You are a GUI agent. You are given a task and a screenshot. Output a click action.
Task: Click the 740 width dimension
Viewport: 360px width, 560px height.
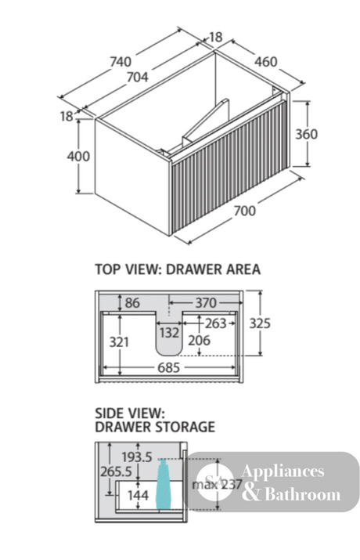click(121, 62)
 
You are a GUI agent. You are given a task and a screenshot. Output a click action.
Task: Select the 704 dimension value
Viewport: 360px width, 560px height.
click(138, 77)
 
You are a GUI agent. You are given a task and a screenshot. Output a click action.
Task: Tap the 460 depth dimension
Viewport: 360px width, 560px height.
click(266, 62)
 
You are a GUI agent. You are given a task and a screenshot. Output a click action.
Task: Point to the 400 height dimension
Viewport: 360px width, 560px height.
click(78, 156)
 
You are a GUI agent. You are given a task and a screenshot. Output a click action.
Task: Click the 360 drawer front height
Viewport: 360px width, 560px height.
click(307, 134)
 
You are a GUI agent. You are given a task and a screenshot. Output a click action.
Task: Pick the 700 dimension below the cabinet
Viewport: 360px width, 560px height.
click(245, 211)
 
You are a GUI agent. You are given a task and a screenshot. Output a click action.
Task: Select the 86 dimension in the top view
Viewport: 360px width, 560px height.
click(132, 303)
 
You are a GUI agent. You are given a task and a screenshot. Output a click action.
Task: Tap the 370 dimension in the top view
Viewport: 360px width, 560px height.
click(206, 303)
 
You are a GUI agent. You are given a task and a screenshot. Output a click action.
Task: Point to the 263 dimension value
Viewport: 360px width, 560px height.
click(215, 323)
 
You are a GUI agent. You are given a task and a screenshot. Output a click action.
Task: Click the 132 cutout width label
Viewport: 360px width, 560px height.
click(169, 333)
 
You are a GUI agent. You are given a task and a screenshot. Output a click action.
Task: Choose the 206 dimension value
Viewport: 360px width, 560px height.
click(199, 341)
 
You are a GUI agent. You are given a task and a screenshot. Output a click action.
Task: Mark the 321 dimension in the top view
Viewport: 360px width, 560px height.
click(119, 342)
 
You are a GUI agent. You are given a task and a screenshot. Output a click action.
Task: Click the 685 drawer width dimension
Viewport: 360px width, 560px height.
click(169, 367)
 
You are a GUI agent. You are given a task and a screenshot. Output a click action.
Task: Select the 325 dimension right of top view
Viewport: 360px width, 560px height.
click(260, 323)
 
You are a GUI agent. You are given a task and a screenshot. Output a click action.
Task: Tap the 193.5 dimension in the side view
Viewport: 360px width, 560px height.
click(137, 457)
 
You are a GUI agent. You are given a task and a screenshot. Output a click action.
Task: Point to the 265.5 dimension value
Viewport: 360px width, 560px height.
click(116, 472)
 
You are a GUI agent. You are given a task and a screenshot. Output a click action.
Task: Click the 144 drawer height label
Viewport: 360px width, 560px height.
click(138, 495)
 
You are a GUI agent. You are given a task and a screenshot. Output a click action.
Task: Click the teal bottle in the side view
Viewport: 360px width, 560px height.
click(164, 483)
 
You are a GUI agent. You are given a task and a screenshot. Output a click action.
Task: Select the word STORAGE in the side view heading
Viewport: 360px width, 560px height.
click(185, 427)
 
